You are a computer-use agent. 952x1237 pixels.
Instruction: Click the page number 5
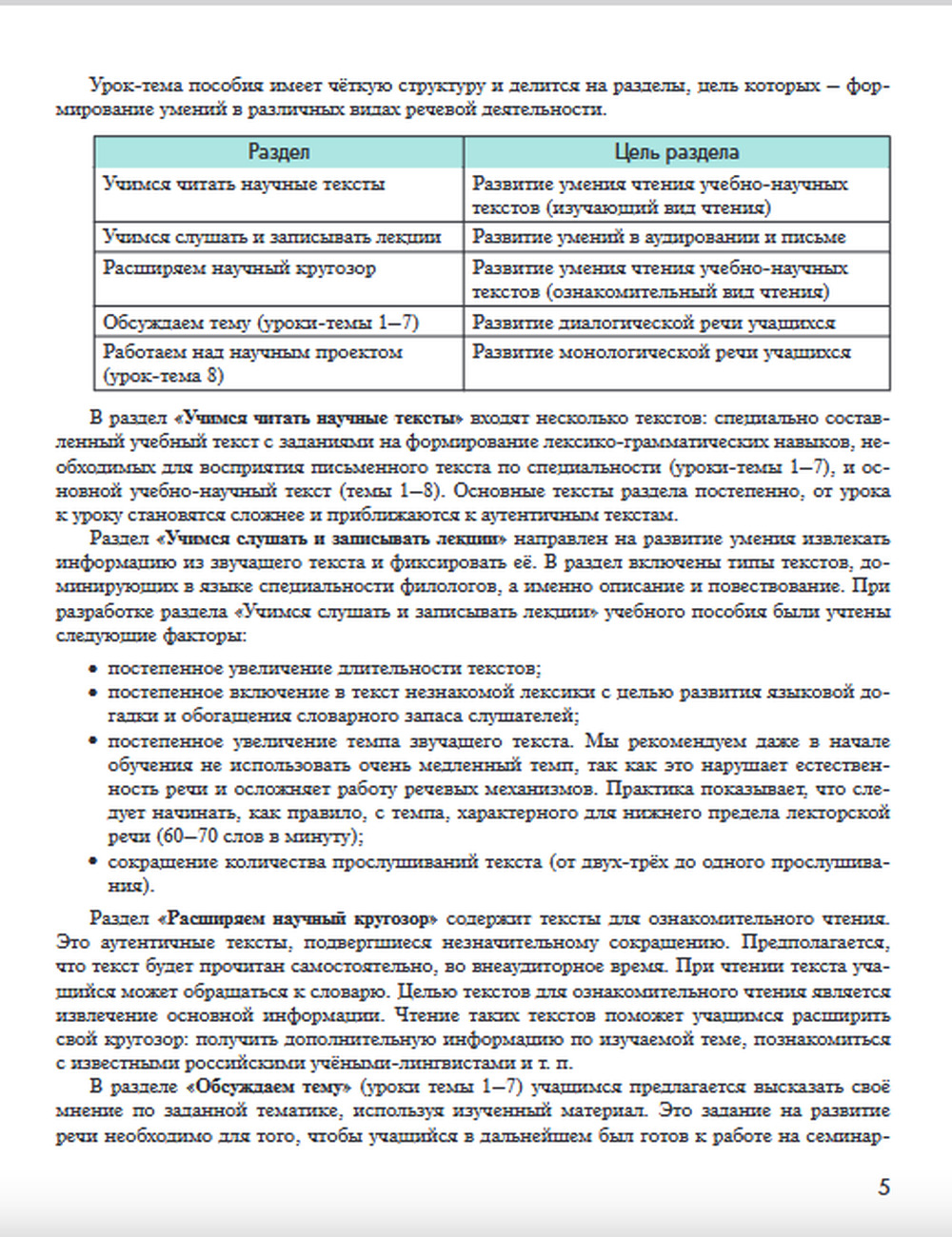[884, 1187]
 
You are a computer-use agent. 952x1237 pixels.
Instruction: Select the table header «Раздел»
[279, 152]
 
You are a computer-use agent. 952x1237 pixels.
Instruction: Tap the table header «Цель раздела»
[676, 152]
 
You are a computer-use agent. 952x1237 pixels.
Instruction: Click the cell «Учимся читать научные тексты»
[244, 185]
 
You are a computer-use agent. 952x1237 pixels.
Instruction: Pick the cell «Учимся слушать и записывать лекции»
[272, 237]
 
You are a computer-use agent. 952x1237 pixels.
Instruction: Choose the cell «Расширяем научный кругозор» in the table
[239, 268]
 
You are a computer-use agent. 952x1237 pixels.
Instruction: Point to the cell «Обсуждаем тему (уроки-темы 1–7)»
[261, 323]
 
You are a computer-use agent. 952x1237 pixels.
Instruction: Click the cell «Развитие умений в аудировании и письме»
[659, 237]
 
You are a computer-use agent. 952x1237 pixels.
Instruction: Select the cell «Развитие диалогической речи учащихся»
[653, 323]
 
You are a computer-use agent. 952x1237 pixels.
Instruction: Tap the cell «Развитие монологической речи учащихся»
[662, 353]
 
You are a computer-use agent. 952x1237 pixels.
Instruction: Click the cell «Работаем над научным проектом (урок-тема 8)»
[252, 363]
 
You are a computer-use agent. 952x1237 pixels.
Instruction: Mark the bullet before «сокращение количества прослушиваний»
[93, 863]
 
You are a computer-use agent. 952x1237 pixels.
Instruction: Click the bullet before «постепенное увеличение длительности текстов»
[93, 669]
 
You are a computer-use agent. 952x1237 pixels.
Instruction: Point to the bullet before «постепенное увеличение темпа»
[93, 741]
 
